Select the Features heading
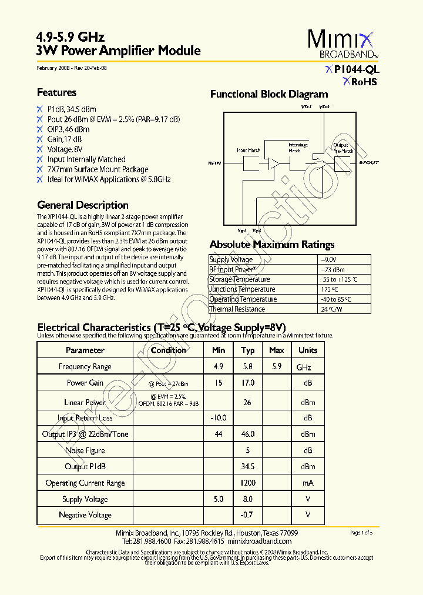click(56, 92)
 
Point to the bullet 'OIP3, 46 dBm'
click(68, 129)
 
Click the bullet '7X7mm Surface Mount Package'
click(98, 169)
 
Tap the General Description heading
click(83, 205)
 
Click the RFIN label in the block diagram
click(215, 163)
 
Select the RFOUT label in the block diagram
click(368, 163)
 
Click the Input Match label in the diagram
click(248, 151)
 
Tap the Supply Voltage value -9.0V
click(328, 259)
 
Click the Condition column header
click(169, 350)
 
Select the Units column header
click(308, 350)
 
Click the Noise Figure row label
click(85, 450)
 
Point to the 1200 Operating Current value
click(248, 483)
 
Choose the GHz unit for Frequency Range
click(304, 367)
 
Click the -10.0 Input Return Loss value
click(219, 418)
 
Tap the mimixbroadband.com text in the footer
click(259, 541)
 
